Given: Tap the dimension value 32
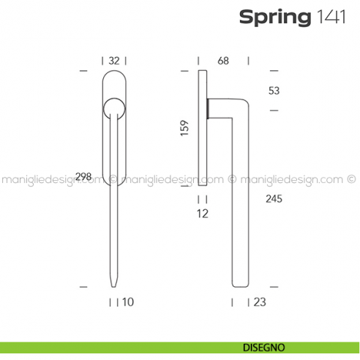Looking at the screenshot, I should [x=113, y=61].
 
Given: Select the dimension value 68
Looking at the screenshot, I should [x=223, y=61].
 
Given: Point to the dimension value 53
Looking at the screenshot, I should [x=274, y=91].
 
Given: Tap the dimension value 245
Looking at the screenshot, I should [x=274, y=198].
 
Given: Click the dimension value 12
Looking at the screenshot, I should [x=203, y=214].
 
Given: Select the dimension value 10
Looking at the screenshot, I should [x=128, y=301].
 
